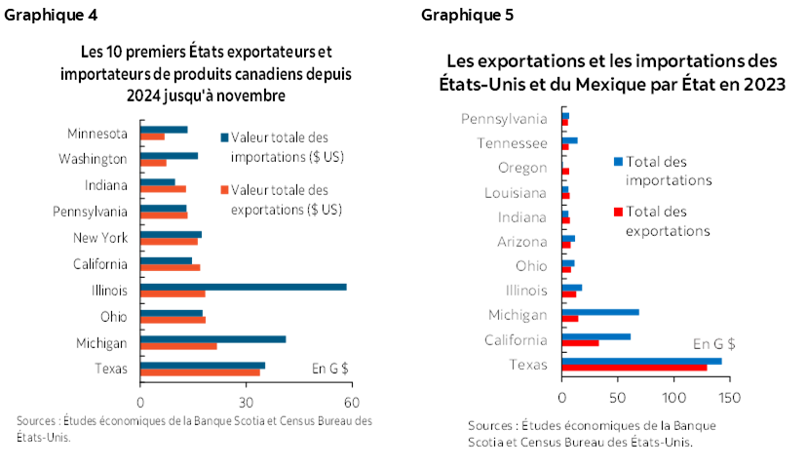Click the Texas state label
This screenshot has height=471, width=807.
click(x=527, y=364)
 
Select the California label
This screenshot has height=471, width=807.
click(x=516, y=339)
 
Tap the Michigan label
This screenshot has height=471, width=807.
click(x=518, y=314)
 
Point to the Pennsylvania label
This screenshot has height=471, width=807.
click(x=504, y=118)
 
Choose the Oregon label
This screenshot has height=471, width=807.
click(x=522, y=168)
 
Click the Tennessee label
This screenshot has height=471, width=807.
click(x=512, y=143)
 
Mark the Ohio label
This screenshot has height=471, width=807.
click(x=531, y=265)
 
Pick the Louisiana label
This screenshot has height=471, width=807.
click(x=516, y=192)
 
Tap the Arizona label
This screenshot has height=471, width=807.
click(x=521, y=241)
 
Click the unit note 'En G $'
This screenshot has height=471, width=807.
click(x=713, y=343)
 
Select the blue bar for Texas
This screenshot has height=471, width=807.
click(x=642, y=360)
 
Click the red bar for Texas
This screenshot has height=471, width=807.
click(x=634, y=368)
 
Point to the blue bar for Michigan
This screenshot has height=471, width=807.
click(x=600, y=311)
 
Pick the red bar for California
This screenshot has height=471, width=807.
click(x=581, y=343)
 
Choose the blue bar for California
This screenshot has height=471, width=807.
click(x=596, y=335)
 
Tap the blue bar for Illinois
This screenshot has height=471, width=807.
click(x=572, y=287)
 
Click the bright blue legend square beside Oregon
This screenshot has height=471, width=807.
click(x=618, y=161)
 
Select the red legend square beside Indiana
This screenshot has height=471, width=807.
click(x=618, y=212)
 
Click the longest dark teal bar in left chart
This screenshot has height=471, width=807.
click(x=244, y=286)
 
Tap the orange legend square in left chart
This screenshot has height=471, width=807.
click(x=224, y=189)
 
